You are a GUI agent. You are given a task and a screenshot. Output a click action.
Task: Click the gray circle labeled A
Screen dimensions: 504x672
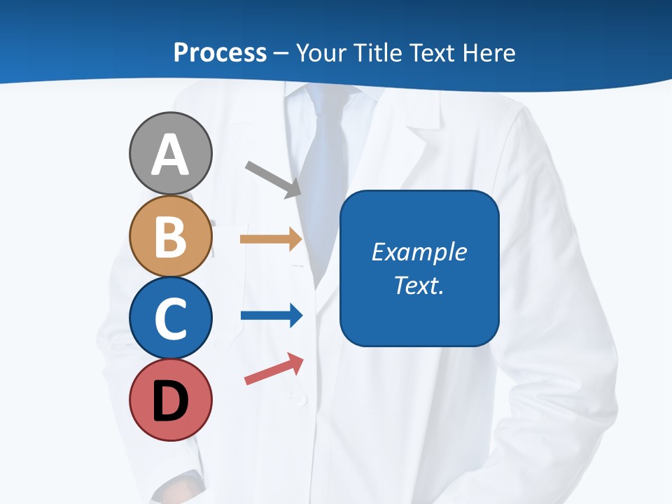[x=170, y=153]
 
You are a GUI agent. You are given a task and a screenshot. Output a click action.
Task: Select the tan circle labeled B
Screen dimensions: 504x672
[x=170, y=236]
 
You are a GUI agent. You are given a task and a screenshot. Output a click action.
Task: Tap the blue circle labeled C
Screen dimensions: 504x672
[x=170, y=318]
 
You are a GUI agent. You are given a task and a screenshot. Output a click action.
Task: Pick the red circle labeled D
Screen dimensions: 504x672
[x=170, y=400]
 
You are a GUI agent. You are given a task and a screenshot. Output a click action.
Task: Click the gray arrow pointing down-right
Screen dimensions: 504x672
[x=273, y=178]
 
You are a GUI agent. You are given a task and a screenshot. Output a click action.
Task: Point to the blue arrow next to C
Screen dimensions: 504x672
[x=271, y=316]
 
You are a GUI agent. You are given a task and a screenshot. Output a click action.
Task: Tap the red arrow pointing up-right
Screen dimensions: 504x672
[x=274, y=369]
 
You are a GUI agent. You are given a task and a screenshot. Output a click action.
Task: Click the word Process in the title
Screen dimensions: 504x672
[x=220, y=52]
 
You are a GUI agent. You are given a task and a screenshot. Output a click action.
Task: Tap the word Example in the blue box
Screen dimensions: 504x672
[x=419, y=252]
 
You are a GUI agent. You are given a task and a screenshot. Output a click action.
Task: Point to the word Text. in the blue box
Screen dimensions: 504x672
[x=419, y=285]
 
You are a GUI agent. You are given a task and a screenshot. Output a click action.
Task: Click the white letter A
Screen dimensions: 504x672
[x=170, y=155]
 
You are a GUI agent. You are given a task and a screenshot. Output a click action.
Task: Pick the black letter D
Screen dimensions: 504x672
[x=170, y=402]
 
